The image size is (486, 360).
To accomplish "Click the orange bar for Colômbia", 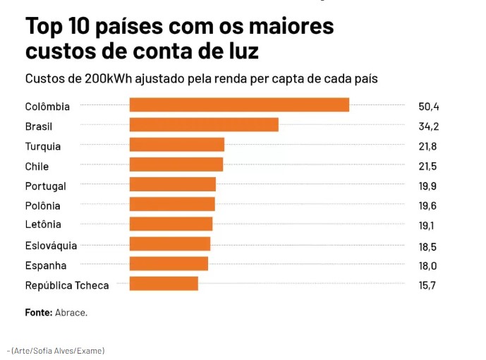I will click(239, 104).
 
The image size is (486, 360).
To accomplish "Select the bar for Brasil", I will click(204, 125).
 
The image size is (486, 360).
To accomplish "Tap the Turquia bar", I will click(176, 145).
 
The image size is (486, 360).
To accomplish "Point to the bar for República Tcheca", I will click(164, 284).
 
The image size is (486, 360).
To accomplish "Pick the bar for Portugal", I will click(172, 184).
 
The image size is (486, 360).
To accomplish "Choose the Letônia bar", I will click(171, 224).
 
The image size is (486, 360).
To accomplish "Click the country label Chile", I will click(37, 167).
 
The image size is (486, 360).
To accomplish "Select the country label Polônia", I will click(42, 206).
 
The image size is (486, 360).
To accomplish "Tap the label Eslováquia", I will click(51, 246).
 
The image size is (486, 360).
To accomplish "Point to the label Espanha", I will click(46, 265).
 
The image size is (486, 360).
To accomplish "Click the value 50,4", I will click(429, 107).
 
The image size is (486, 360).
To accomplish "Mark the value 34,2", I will click(429, 126).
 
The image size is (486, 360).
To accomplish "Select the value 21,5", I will click(428, 167).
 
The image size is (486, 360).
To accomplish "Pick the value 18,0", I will click(428, 265).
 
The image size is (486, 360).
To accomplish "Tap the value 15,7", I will click(428, 285).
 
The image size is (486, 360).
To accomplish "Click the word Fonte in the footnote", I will click(39, 312).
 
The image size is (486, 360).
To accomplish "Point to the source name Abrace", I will click(71, 312).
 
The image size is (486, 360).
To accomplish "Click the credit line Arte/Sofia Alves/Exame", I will click(57, 350).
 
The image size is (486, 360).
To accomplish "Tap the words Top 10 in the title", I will click(55, 28).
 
